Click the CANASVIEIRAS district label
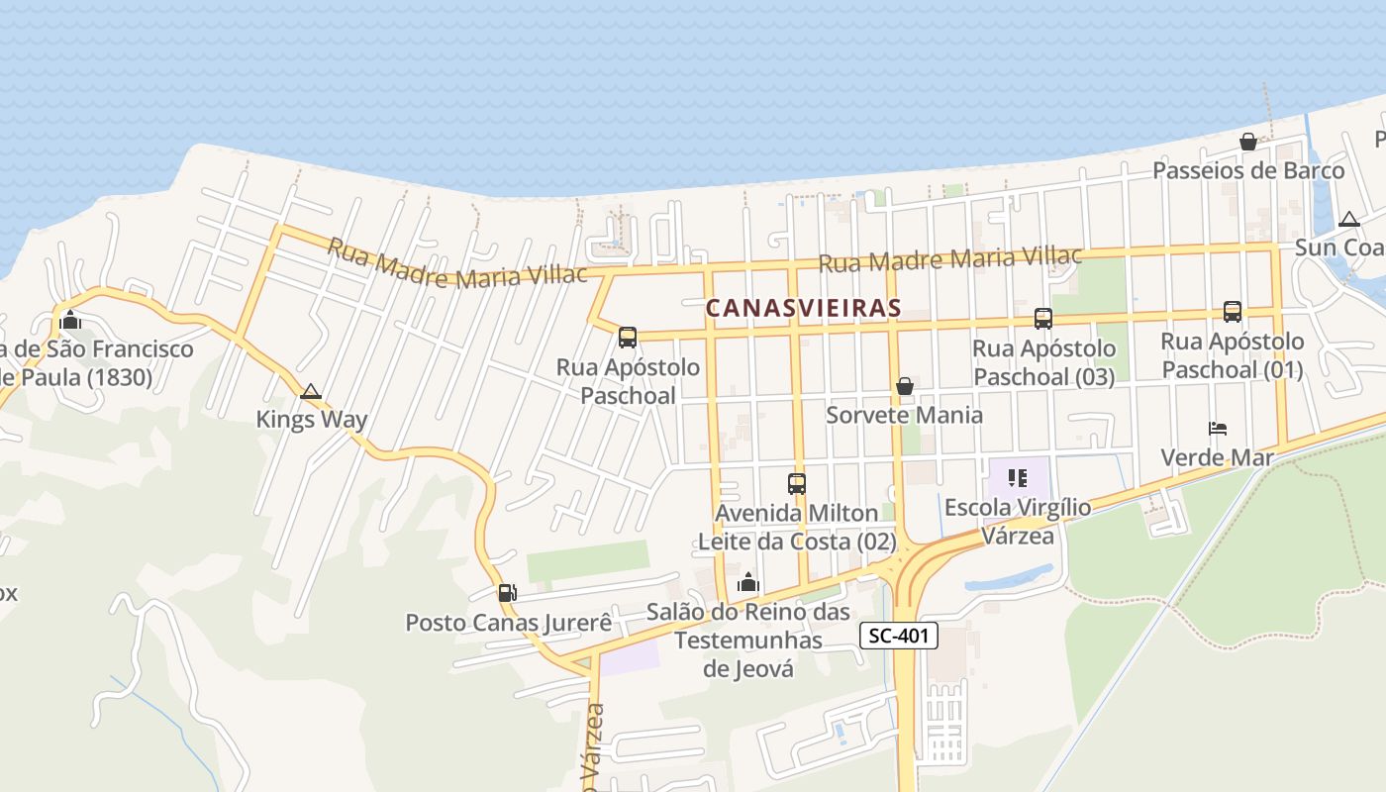pyautogui.click(x=803, y=308)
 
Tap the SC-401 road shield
pyautogui.click(x=898, y=636)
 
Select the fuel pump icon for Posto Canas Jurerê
pyautogui.click(x=507, y=593)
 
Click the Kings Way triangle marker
pyautogui.click(x=311, y=392)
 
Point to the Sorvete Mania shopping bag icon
pyautogui.click(x=904, y=386)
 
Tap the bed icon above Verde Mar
pyautogui.click(x=1218, y=429)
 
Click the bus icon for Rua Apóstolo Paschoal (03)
pyautogui.click(x=1042, y=319)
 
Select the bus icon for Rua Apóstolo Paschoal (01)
pyautogui.click(x=1233, y=312)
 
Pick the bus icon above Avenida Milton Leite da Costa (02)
pyautogui.click(x=797, y=484)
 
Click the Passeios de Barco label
pyautogui.click(x=1248, y=170)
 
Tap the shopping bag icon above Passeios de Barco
pyautogui.click(x=1248, y=142)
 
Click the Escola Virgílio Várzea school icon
pyautogui.click(x=1017, y=479)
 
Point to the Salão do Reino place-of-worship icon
pyautogui.click(x=748, y=582)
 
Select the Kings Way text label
pyautogui.click(x=311, y=419)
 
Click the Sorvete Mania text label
pyautogui.click(x=904, y=414)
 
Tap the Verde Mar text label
pyautogui.click(x=1217, y=457)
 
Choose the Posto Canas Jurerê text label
pyautogui.click(x=509, y=623)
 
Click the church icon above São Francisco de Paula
pyautogui.click(x=69, y=320)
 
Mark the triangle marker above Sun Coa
pyautogui.click(x=1348, y=220)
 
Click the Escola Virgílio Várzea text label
pyautogui.click(x=1018, y=521)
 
